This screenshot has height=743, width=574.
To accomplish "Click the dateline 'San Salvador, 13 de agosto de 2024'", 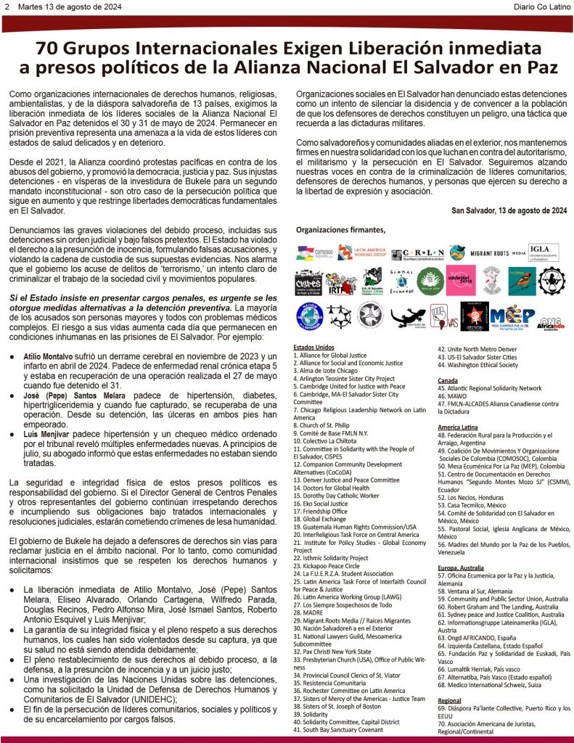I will [x=509, y=211].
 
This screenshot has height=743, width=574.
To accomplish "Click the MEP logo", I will [x=512, y=316].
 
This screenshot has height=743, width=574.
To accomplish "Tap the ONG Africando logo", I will [x=553, y=316].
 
